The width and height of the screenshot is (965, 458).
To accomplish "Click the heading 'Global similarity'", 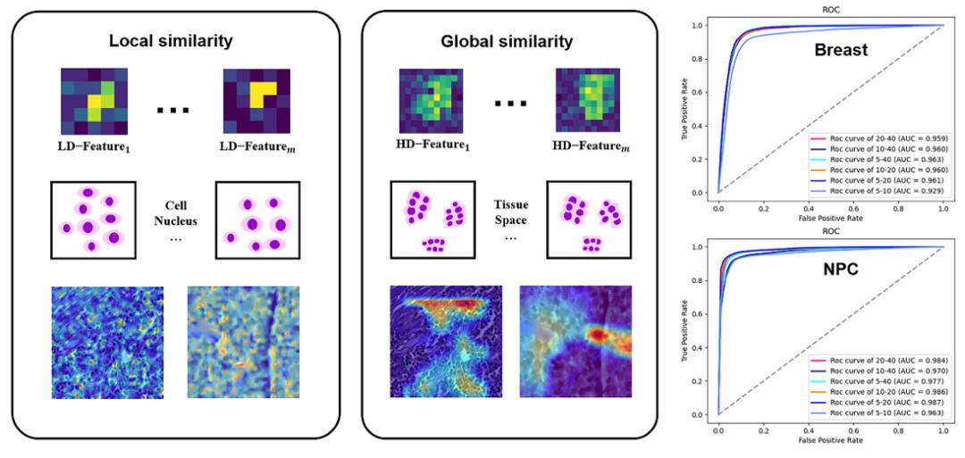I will tap(507, 41).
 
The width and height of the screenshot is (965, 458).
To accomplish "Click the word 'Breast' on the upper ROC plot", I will tap(840, 50).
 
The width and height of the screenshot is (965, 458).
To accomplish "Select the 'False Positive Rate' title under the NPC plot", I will tap(830, 441).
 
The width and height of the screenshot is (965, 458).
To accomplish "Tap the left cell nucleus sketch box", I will tap(89, 219).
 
